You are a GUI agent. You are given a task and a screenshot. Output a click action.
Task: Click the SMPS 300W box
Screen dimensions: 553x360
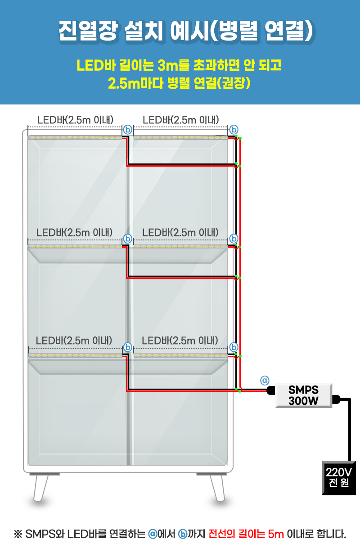point(303,395)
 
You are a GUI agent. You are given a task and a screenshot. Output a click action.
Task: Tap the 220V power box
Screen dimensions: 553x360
point(338,478)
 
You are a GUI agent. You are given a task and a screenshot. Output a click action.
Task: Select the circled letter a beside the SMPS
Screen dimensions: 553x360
point(265,380)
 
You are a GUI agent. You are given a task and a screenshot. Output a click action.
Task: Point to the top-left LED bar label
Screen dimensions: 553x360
point(74,120)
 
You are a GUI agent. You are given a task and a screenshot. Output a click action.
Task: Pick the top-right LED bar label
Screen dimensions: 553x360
point(180,120)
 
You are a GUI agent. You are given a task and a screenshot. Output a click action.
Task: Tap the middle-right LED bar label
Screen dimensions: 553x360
point(180,232)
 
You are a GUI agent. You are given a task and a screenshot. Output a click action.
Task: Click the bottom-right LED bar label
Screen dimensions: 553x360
point(180,340)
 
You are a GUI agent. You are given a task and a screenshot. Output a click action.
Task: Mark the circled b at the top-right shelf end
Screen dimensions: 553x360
point(234,130)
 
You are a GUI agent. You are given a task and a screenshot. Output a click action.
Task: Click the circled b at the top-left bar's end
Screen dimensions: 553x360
point(127,130)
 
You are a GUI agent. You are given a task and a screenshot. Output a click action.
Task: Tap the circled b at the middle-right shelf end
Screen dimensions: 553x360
point(234,238)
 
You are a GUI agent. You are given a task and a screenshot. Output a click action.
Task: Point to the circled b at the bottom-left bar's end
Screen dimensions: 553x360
point(127,347)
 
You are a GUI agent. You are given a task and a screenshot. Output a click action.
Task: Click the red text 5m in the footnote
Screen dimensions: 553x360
point(275,535)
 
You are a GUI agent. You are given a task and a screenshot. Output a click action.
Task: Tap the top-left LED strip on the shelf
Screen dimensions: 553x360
point(75,137)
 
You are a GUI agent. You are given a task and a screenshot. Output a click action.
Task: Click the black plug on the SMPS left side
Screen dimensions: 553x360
point(270,390)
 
